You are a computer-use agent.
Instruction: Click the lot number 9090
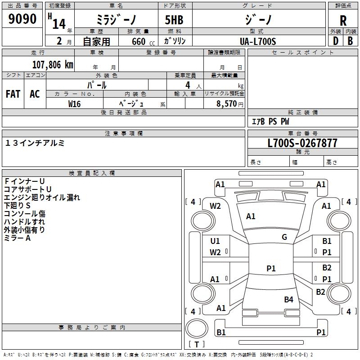pyautogui.click(x=22, y=18)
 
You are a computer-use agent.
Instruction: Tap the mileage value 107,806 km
pyautogui.click(x=53, y=64)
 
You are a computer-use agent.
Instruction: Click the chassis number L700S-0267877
pyautogui.click(x=302, y=143)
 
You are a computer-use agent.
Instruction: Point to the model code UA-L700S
pyautogui.click(x=258, y=41)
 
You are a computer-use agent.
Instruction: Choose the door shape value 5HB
pyautogui.click(x=174, y=20)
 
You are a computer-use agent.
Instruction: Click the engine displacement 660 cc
pyautogui.click(x=143, y=41)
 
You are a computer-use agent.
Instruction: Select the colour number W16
pyautogui.click(x=74, y=104)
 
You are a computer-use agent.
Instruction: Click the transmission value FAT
pyautogui.click(x=13, y=94)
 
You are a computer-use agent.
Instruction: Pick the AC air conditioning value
pyautogui.click(x=35, y=94)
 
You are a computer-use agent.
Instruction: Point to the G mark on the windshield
pyautogui.click(x=284, y=237)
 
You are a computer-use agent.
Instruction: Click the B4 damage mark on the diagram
pyautogui.click(x=288, y=299)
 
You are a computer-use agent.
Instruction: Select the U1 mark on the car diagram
pyautogui.click(x=215, y=241)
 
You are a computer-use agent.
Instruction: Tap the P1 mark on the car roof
pyautogui.click(x=271, y=268)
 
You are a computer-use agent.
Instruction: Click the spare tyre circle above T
pyautogui.click(x=197, y=328)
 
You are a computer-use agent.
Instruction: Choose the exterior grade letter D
pyautogui.click(x=336, y=41)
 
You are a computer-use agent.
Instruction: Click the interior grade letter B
pyautogui.click(x=350, y=41)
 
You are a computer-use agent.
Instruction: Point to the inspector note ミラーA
pyautogui.click(x=18, y=238)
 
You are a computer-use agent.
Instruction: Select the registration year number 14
pyautogui.click(x=59, y=24)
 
